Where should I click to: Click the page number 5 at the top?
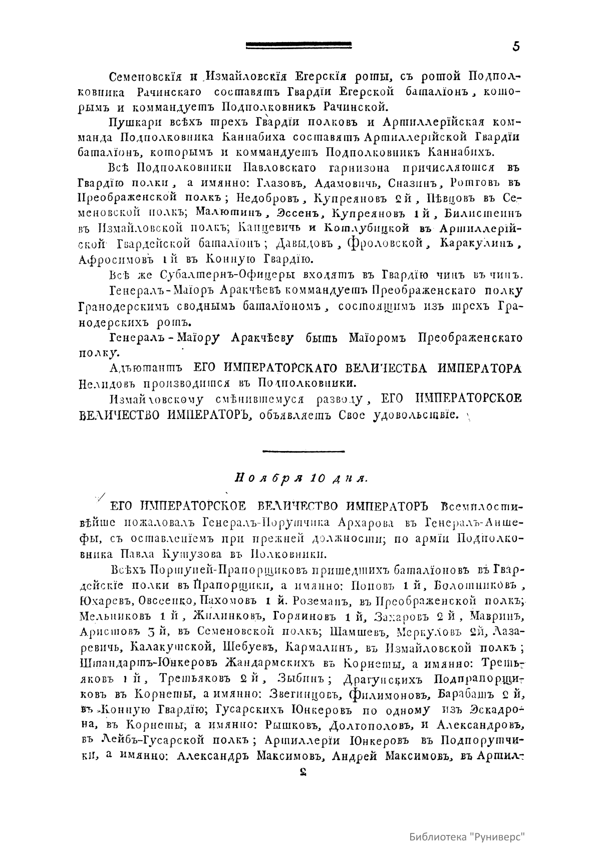pos(516,46)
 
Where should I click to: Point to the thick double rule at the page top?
pos(298,46)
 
